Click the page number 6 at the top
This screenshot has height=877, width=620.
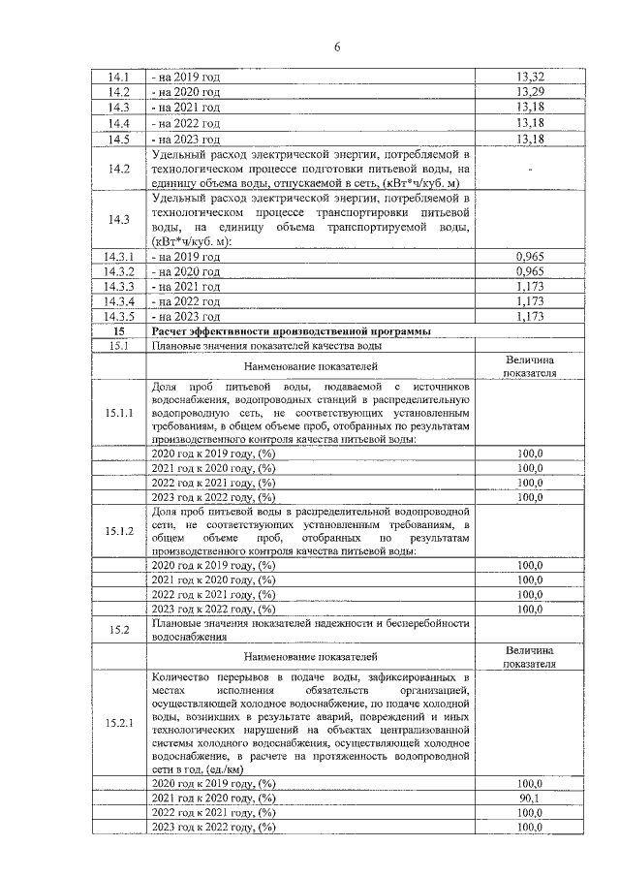point(310,46)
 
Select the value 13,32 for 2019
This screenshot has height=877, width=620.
point(529,77)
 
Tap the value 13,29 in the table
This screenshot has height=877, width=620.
point(529,92)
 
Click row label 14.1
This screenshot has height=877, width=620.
point(119,77)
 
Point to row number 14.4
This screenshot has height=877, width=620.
point(119,124)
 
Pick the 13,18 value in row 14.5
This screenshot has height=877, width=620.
point(529,140)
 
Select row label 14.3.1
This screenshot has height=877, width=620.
point(118,257)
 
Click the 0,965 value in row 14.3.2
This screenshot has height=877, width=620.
point(529,272)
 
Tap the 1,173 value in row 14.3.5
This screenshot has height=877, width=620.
point(529,317)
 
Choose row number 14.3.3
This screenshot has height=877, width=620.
point(118,287)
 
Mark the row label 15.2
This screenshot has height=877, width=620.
point(119,630)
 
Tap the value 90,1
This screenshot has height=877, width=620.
point(529,798)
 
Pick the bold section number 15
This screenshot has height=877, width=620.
point(119,331)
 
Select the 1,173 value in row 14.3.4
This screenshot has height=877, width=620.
point(529,301)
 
